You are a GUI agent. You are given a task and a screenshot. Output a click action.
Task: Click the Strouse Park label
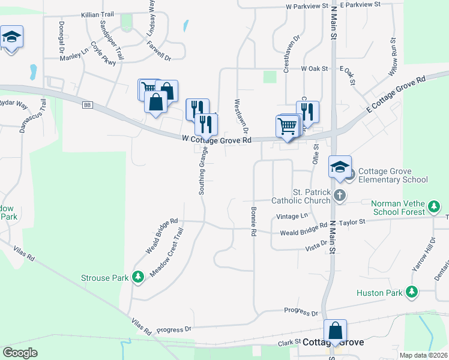coord(104,278)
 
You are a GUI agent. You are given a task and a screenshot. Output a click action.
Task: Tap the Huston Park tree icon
coord(411,292)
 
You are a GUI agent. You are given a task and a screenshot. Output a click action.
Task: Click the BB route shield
coord(88,105)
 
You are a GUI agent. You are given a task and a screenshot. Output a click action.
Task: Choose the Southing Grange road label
coord(203,171)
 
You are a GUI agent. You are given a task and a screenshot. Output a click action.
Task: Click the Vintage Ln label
coord(292,216)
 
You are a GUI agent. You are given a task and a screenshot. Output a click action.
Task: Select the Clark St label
coord(288,342)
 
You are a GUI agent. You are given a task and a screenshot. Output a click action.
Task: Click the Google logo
coord(20,353)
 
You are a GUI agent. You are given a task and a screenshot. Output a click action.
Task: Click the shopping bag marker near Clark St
coord(335,331)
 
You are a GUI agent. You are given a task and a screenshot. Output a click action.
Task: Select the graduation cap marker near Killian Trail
coord(11,37)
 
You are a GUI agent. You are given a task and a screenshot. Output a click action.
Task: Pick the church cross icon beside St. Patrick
coord(340,196)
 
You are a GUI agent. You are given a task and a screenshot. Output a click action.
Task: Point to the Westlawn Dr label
coord(246,116)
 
